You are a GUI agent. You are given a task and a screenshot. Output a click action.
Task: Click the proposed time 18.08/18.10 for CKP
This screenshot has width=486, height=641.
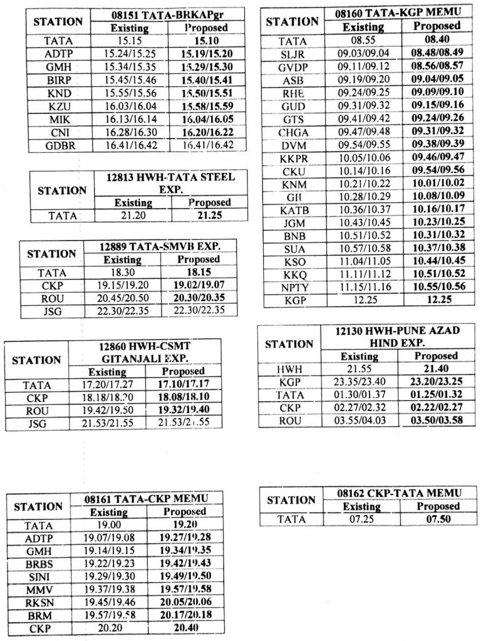tap(183, 397)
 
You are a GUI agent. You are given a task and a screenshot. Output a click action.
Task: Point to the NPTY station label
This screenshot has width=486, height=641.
tap(293, 288)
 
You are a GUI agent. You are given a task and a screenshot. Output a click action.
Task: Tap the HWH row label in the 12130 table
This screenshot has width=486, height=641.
tap(289, 370)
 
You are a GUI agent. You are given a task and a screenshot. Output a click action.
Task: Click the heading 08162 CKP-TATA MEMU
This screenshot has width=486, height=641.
tap(398, 493)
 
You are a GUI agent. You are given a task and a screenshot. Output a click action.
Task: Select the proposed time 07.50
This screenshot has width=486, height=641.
tap(438, 519)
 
